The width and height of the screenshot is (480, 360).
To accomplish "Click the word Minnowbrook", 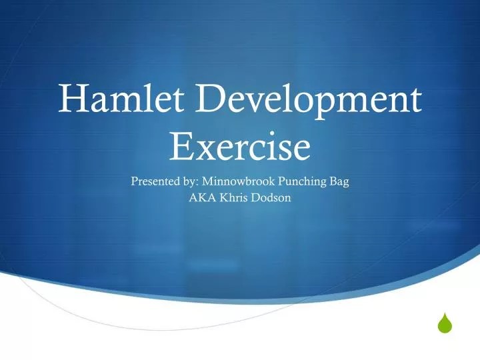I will point(236,180).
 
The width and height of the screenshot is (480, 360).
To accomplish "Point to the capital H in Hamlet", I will point(72,101).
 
